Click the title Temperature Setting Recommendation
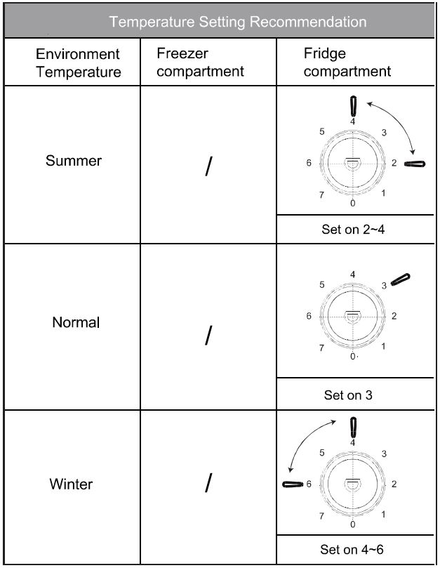click(x=238, y=22)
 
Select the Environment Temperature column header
click(x=78, y=62)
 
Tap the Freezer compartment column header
click(x=200, y=62)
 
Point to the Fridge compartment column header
click(x=347, y=62)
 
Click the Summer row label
click(x=73, y=161)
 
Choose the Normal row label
click(x=76, y=323)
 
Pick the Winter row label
click(x=72, y=484)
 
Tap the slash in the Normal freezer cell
click(x=208, y=336)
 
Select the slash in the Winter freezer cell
click(x=208, y=484)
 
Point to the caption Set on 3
click(x=348, y=395)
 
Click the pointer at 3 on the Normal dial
click(x=401, y=279)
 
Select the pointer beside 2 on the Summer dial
click(x=415, y=164)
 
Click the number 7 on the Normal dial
click(x=321, y=348)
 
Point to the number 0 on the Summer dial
click(x=353, y=203)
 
